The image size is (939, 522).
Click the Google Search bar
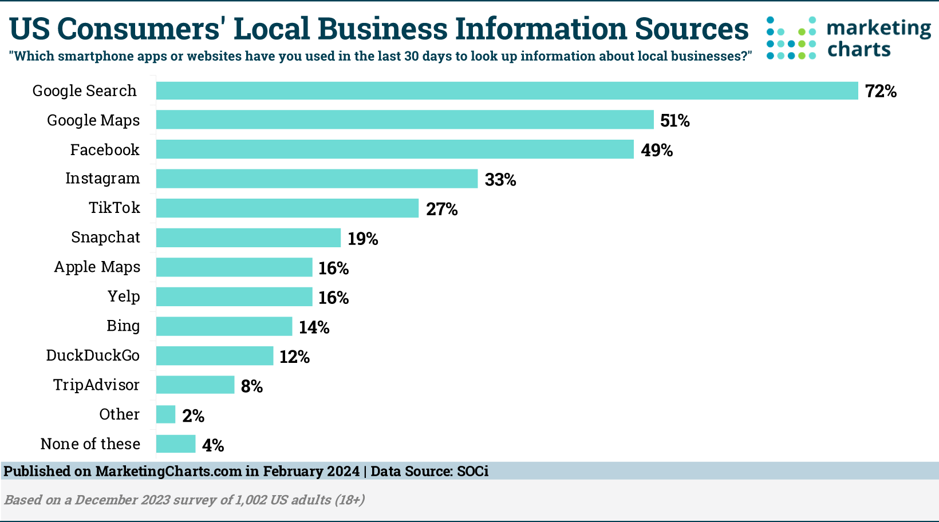507,91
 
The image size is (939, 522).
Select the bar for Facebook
395,149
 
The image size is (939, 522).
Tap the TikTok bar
287,208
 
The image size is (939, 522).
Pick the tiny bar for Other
166,414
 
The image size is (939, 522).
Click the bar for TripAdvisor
195,385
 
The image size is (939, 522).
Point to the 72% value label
881,92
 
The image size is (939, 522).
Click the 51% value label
674,121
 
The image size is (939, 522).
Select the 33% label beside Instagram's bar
500,180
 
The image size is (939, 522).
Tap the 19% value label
362,239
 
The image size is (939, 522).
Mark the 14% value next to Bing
314,327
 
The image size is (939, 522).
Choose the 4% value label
213,445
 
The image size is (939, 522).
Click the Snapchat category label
105,238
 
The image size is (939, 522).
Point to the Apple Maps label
97,267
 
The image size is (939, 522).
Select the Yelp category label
124,296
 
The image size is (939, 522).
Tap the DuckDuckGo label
93,355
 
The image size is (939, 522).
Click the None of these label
90,444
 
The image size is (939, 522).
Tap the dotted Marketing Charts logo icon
791,38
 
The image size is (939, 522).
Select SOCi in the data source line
472,472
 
